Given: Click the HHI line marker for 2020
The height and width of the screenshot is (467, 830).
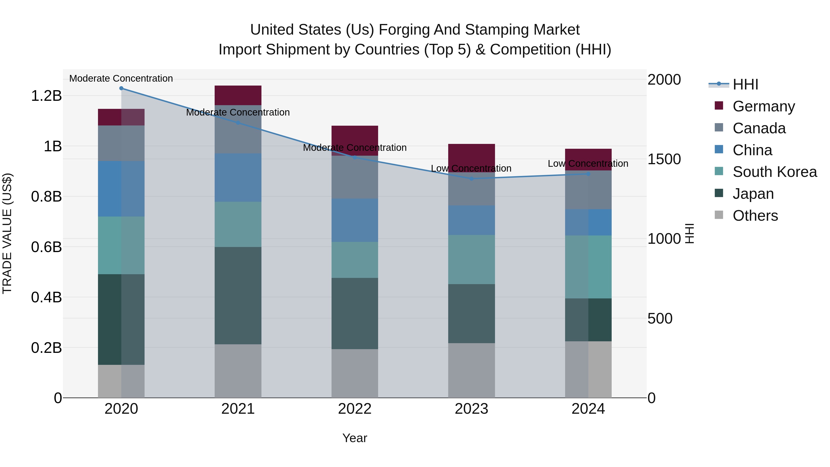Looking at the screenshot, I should point(121,88).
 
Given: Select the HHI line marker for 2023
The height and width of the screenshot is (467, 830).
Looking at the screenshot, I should point(471,178).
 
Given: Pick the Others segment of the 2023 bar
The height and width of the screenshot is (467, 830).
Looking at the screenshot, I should point(471,370).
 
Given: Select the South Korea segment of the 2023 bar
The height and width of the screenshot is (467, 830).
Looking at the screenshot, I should point(471,259).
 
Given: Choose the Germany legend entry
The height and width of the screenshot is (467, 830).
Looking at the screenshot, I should point(763,106).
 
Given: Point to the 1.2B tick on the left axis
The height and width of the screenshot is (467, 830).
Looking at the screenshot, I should point(46,96).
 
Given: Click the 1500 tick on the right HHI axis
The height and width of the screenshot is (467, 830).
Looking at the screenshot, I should point(664,159).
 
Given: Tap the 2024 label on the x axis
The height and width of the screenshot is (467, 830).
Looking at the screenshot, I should point(588,409).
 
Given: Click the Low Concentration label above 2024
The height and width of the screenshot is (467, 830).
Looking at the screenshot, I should point(588,164).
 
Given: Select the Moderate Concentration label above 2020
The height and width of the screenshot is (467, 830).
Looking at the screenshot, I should point(121,79).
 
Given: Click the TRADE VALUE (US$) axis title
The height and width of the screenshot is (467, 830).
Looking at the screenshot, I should point(7,234).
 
